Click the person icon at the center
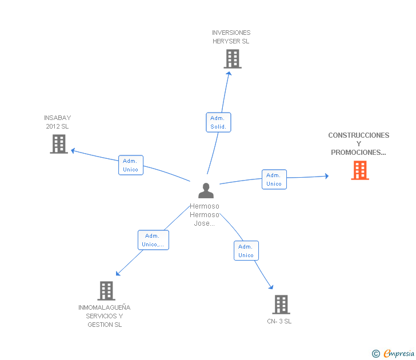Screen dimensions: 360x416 (x=206, y=190)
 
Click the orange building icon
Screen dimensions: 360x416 (x=360, y=170)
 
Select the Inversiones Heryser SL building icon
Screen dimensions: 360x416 (x=232, y=59)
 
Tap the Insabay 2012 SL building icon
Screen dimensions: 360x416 (x=59, y=144)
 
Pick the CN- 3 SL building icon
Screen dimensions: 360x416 (x=281, y=305)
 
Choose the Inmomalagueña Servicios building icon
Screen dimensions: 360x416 (x=106, y=291)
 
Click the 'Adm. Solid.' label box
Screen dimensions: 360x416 (x=218, y=122)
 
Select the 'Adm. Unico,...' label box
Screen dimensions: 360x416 (x=153, y=240)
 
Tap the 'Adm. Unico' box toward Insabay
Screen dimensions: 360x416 (x=130, y=165)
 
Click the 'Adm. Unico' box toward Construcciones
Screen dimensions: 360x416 (x=274, y=179)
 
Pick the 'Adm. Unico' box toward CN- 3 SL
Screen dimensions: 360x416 (x=246, y=251)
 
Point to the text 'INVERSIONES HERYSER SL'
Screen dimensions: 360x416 (x=231, y=37)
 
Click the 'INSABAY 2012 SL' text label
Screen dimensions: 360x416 (x=57, y=122)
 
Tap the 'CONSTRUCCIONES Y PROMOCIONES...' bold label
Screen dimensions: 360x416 (x=359, y=144)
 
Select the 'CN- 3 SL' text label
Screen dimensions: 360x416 (x=279, y=321)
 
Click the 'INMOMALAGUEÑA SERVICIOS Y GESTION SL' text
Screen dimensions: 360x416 (x=105, y=316)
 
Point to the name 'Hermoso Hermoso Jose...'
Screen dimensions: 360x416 (x=205, y=214)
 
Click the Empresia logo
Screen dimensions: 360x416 (x=399, y=354)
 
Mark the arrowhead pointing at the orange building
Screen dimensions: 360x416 (x=327, y=176)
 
